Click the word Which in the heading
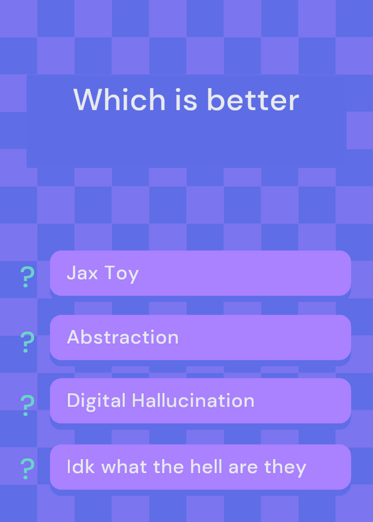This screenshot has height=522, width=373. [x=120, y=100]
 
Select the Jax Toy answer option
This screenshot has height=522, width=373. [x=201, y=273]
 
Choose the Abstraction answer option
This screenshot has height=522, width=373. [x=201, y=337]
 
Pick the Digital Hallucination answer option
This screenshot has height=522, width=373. [x=201, y=401]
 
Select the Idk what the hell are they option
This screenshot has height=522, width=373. [x=201, y=467]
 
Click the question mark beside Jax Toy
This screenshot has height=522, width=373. [x=27, y=277]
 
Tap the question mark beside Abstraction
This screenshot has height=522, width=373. [x=27, y=342]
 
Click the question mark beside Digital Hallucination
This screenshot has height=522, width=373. [x=27, y=405]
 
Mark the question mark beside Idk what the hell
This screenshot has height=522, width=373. [x=27, y=468]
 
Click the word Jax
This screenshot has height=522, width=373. [x=82, y=273]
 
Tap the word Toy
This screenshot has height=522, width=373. [x=122, y=274]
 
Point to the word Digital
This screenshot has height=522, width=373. [x=96, y=401]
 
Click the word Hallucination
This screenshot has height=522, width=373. [x=193, y=400]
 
